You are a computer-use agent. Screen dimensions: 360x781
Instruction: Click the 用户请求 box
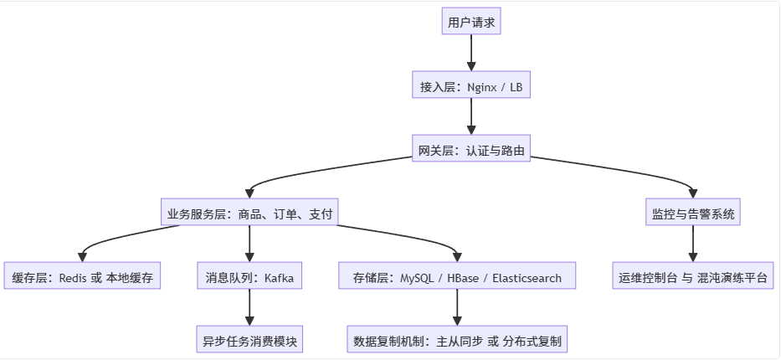[x=470, y=23]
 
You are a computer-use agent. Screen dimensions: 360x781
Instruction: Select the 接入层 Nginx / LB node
[x=470, y=86]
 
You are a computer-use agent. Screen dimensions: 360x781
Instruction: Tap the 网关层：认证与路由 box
[x=470, y=150]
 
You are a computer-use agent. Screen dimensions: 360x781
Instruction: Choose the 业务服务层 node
[x=250, y=213]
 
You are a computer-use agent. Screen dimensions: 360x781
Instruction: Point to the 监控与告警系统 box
[x=693, y=213]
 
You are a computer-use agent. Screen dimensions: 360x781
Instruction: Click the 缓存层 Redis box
[x=82, y=277]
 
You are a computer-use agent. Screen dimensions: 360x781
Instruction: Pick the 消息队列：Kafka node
[x=250, y=277]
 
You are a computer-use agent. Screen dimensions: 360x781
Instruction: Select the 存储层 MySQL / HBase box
[x=457, y=277]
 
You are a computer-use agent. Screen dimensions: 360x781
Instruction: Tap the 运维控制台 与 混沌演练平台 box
[x=693, y=277]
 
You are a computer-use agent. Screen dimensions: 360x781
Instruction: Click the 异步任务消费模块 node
[x=250, y=341]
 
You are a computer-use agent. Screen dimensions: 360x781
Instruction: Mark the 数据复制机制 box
[x=457, y=341]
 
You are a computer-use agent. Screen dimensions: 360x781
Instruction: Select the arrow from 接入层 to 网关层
[x=470, y=118]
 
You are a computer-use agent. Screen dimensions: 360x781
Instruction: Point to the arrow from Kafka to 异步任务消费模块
[x=250, y=309]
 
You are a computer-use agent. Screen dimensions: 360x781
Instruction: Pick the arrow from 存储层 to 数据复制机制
[x=457, y=309]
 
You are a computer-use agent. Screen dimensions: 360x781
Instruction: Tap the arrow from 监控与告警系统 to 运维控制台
[x=693, y=245]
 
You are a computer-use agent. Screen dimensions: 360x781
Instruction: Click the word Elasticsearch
[x=527, y=278]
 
